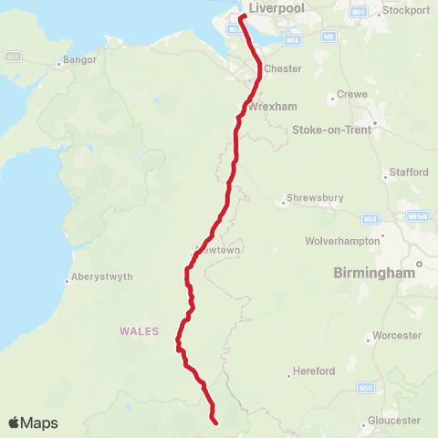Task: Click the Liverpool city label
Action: (x=276, y=8)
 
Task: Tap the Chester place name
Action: (x=283, y=68)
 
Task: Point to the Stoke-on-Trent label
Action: (x=332, y=130)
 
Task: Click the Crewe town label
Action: (x=352, y=94)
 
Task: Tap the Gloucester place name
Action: (x=394, y=420)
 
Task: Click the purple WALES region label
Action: (x=139, y=331)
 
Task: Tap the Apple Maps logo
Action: (x=33, y=422)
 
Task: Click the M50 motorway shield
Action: (x=366, y=388)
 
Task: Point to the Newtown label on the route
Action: (x=219, y=250)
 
